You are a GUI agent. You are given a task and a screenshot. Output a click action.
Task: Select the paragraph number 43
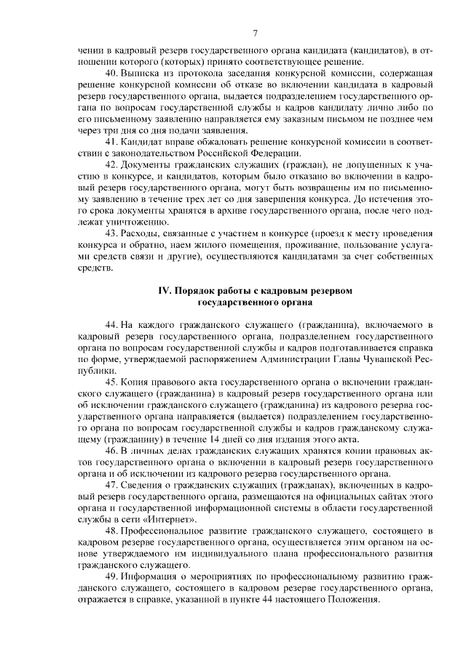(112, 233)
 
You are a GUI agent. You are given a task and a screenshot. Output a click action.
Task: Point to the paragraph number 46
(112, 451)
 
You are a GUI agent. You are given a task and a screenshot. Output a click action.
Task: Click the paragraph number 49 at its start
(112, 565)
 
